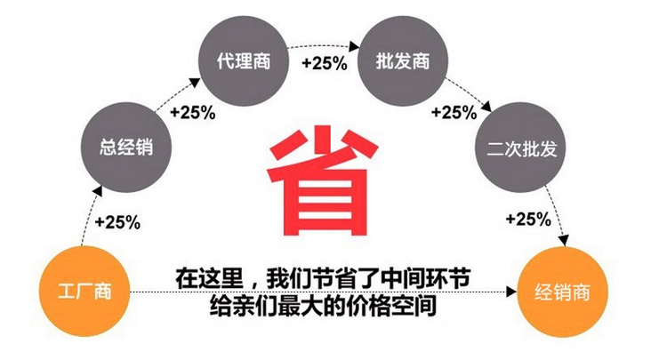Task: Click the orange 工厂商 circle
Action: pyautogui.click(x=84, y=292)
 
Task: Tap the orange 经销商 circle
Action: pyautogui.click(x=562, y=292)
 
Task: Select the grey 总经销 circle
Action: pyautogui.click(x=126, y=147)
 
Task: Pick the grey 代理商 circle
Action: pyautogui.click(x=244, y=61)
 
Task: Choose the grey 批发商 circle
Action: pyautogui.click(x=403, y=61)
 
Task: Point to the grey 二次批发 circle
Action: pyautogui.click(x=520, y=148)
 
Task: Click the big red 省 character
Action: pyautogui.click(x=322, y=180)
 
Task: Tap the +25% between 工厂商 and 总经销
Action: pyautogui.click(x=117, y=222)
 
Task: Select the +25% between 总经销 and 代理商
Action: pyautogui.click(x=193, y=113)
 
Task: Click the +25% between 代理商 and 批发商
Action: pyautogui.click(x=325, y=63)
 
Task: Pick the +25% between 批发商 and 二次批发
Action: pyautogui.click(x=454, y=113)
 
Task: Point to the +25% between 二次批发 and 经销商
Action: pyautogui.click(x=528, y=220)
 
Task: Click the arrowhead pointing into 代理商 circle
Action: pyautogui.click(x=195, y=83)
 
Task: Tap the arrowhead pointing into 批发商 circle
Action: pyautogui.click(x=355, y=45)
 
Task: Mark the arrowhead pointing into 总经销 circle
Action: pyautogui.click(x=98, y=191)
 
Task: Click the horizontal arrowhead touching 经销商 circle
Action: pyautogui.click(x=511, y=292)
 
